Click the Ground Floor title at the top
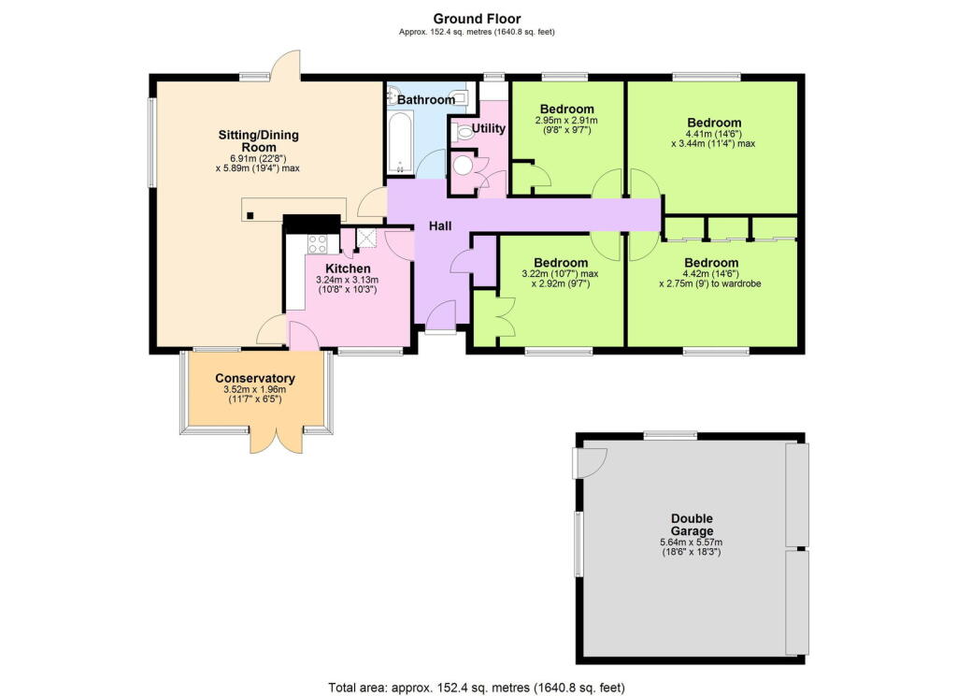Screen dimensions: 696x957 (478, 18)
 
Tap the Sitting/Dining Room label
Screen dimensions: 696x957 (258, 141)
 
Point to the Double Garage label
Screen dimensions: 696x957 (692, 525)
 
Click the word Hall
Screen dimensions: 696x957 (442, 226)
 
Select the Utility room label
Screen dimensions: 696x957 (488, 127)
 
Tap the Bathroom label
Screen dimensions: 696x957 (425, 99)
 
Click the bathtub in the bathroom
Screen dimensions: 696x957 (400, 143)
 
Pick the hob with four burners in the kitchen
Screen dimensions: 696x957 (317, 244)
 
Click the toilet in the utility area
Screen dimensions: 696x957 (461, 134)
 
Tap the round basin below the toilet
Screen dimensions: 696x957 (464, 167)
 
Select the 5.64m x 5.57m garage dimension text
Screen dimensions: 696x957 (692, 542)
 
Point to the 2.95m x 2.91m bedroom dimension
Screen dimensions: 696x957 (565, 121)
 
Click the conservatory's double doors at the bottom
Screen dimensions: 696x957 (276, 438)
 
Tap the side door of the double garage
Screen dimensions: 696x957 (592, 460)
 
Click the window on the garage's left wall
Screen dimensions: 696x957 (579, 544)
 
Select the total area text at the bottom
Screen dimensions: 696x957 (478, 687)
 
